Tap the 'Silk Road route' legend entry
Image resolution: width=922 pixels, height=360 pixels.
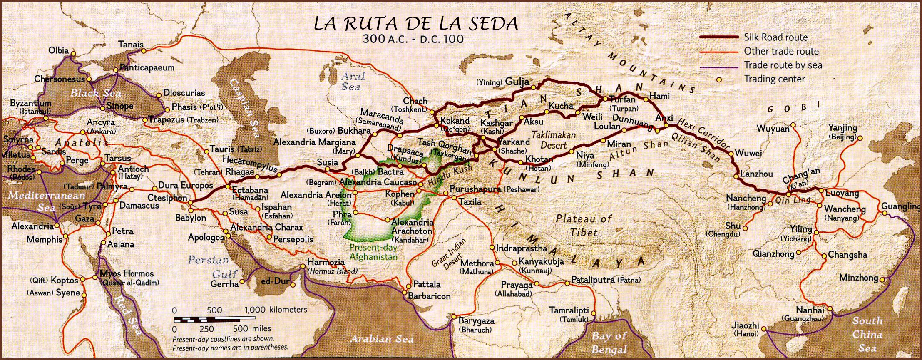[x=775, y=37]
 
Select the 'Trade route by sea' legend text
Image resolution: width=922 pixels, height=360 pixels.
[x=783, y=65]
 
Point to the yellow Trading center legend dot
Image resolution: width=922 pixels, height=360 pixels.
[x=718, y=79]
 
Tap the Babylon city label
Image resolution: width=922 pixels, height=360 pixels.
[x=190, y=218]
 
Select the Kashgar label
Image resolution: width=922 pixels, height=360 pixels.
[x=496, y=123]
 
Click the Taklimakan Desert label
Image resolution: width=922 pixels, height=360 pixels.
[x=554, y=140]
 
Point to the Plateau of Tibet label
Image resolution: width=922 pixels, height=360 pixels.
[x=584, y=225]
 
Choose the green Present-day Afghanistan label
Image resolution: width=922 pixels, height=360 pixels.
[x=373, y=252]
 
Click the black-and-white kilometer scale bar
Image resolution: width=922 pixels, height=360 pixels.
[x=207, y=320]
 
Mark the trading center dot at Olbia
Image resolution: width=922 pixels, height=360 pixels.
[x=73, y=54]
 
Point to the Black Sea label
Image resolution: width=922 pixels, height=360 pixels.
[x=95, y=93]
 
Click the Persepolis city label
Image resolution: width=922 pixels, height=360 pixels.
[x=293, y=239]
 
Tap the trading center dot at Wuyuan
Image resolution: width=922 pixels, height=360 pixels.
[x=793, y=124]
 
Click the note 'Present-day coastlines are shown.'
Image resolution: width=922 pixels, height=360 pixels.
[x=223, y=339]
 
